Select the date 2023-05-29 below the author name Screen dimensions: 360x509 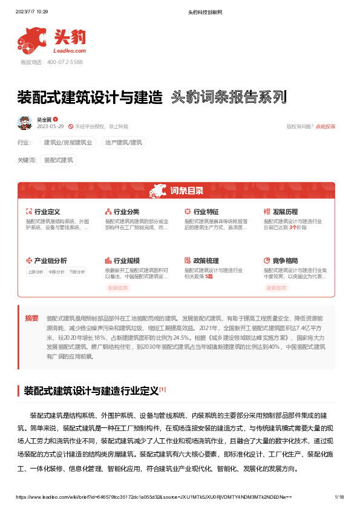tap(50, 126)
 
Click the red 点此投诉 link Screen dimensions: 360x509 tap(325, 126)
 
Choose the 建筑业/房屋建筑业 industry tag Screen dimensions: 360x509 tap(67, 143)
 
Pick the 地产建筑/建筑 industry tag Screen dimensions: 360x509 tap(123, 143)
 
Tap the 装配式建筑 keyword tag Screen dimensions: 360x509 tap(59, 160)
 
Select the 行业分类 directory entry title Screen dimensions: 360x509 tap(126, 212)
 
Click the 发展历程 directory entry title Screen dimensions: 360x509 tap(285, 212)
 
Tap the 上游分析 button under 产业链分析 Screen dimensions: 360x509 tap(35, 272)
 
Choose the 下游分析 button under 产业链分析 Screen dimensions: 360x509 tap(76, 272)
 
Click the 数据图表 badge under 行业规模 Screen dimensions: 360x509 tap(118, 288)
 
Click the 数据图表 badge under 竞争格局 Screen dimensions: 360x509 tap(277, 288)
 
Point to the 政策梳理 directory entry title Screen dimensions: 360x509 tap(206, 261)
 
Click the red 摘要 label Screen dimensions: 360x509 tap(31, 318)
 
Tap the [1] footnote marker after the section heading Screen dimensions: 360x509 tap(163, 389)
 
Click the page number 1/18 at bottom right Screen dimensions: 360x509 tap(339, 497)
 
